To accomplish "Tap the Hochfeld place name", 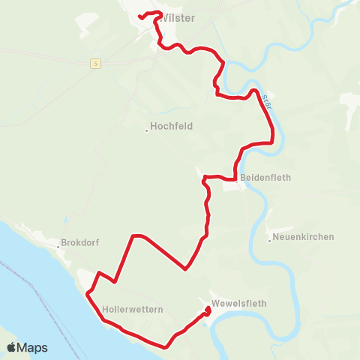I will [x=172, y=127].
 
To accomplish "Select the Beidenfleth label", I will [x=265, y=178].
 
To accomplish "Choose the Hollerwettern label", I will [x=133, y=309].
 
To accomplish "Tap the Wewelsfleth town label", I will [x=238, y=303].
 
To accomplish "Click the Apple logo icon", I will [x=13, y=347].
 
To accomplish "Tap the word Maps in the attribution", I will [x=33, y=347].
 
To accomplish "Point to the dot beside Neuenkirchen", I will [x=270, y=240].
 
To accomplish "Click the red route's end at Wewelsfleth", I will [x=208, y=308].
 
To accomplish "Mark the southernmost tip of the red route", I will [x=167, y=346].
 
